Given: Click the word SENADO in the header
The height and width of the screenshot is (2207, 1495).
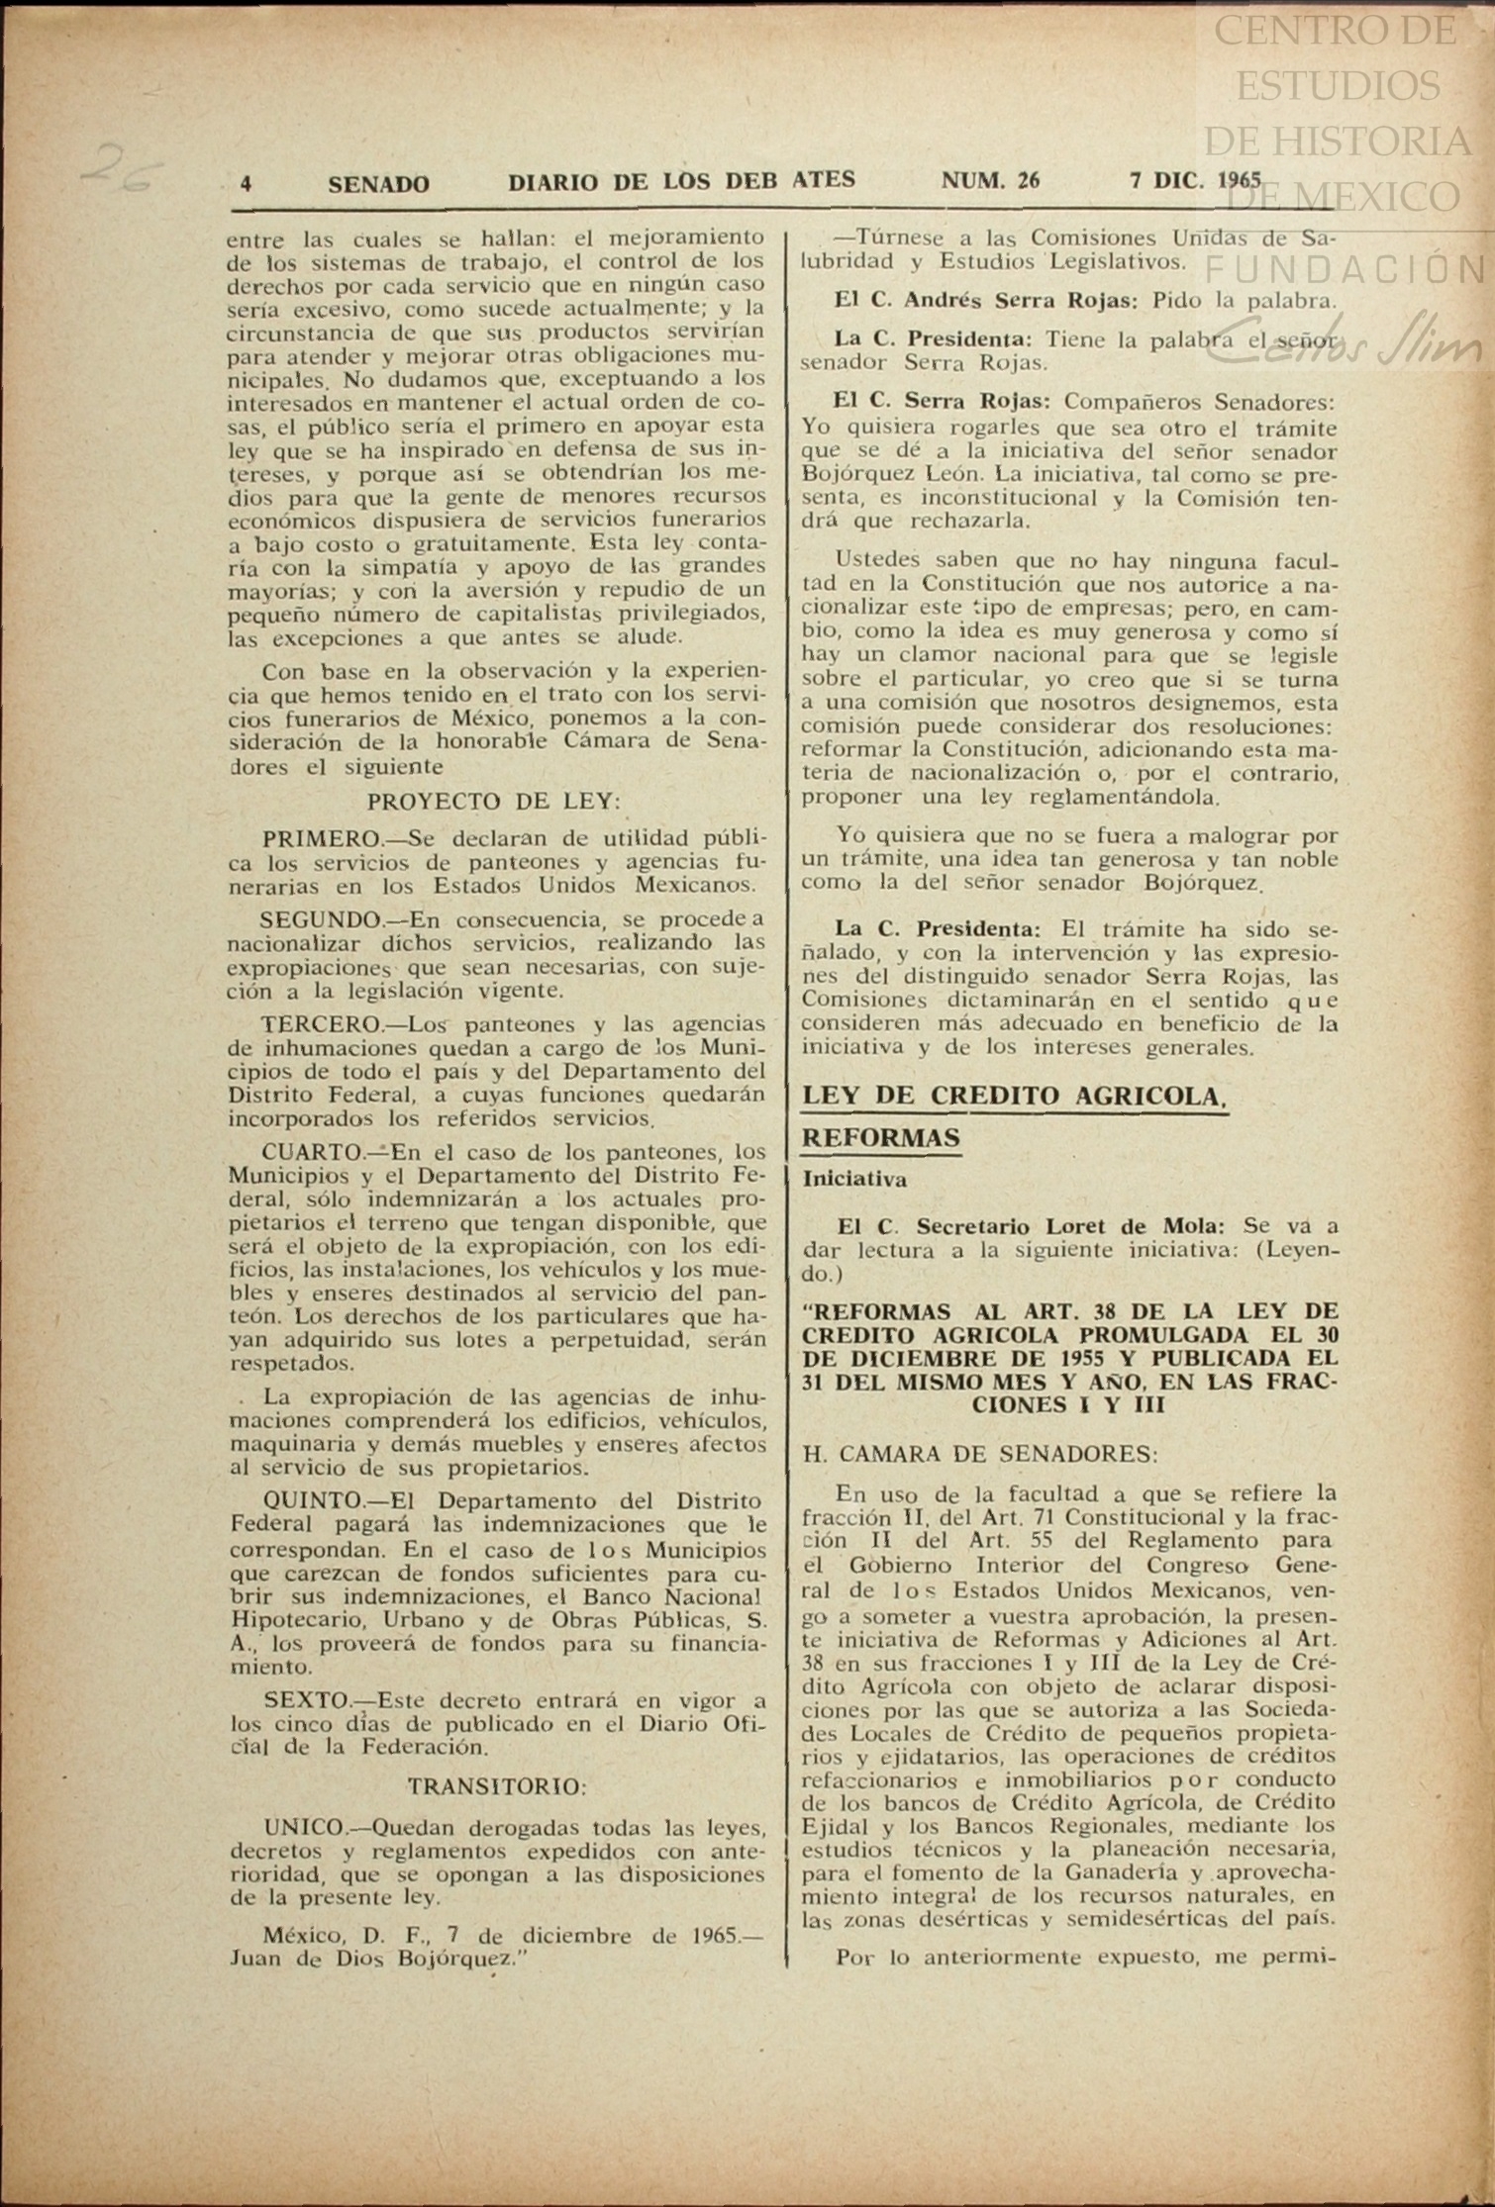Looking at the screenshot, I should tap(378, 184).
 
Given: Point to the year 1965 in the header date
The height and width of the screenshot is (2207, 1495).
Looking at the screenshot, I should tap(1235, 180).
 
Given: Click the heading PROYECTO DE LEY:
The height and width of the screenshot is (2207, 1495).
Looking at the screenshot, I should tap(494, 800).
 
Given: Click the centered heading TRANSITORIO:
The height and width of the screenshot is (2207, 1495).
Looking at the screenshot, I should tap(498, 1787).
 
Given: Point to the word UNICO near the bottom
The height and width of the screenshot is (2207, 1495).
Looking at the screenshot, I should tap(302, 1827).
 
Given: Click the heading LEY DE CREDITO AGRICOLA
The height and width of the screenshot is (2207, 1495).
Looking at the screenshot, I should tap(1014, 1096).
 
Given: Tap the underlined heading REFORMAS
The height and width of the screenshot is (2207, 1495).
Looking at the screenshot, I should tap(880, 1138).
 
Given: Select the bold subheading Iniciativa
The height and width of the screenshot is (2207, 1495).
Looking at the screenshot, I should tap(854, 1179).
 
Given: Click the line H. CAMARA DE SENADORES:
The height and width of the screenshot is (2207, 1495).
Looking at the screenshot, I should tap(979, 1454).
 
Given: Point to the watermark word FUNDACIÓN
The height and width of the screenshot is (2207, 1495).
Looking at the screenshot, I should tap(1346, 268).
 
